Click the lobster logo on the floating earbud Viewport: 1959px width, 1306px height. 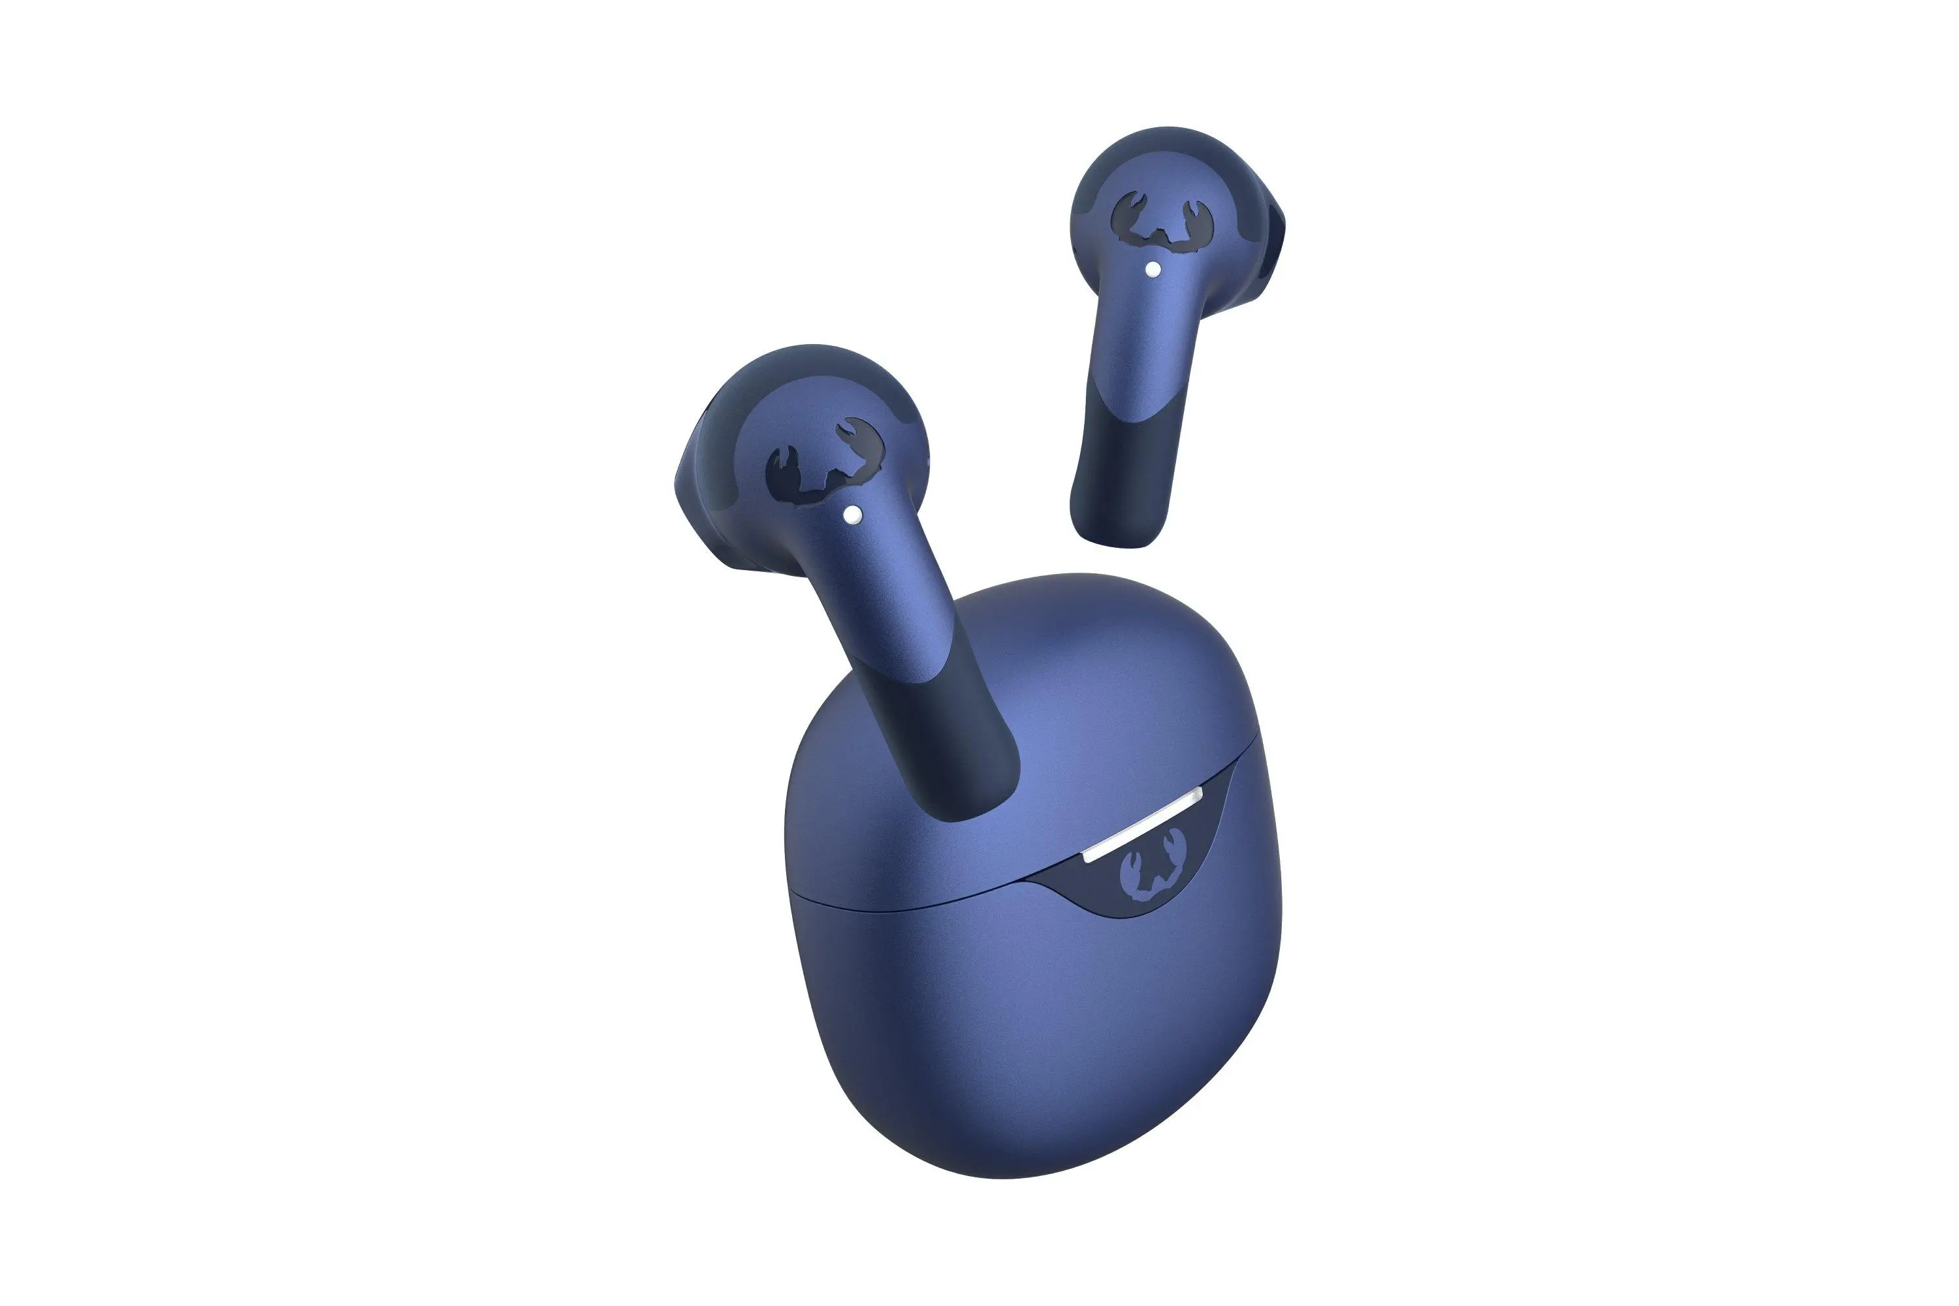(1152, 220)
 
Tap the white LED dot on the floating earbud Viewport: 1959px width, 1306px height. (1153, 269)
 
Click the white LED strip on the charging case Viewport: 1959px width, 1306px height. (1143, 823)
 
